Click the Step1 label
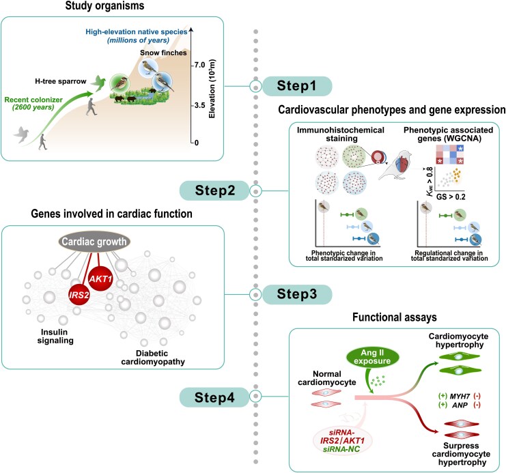coord(296,86)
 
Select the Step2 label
coord(214,190)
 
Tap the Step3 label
coord(296,294)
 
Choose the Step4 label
coord(214,397)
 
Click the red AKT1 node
coord(100,278)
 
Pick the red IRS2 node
coord(79,295)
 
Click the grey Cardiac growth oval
coord(94,242)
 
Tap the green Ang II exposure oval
coord(372,357)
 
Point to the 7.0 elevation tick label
coord(200,65)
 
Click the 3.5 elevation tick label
coord(200,106)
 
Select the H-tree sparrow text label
coord(61,81)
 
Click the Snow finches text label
coord(163,53)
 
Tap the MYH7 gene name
coord(460,396)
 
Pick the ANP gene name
coord(460,405)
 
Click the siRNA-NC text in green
coord(341,449)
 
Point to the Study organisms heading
coord(105,5)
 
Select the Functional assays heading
coord(394,317)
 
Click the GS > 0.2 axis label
coord(451,197)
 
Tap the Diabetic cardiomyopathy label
coord(153,358)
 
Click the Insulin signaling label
coord(55,336)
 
